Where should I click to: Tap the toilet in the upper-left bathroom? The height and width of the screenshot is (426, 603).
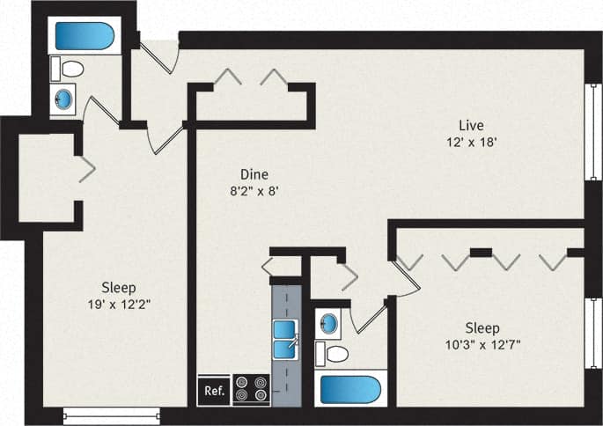70,69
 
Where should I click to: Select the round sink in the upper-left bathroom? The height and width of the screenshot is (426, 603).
65,97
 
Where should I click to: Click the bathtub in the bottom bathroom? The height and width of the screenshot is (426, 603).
349,389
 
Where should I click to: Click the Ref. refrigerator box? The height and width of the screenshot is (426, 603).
213,391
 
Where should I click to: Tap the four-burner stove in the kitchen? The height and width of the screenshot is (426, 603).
252,391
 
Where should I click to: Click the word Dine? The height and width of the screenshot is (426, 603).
254,173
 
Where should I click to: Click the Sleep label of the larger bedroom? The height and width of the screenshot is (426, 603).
117,287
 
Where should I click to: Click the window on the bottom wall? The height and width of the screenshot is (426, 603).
112,415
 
